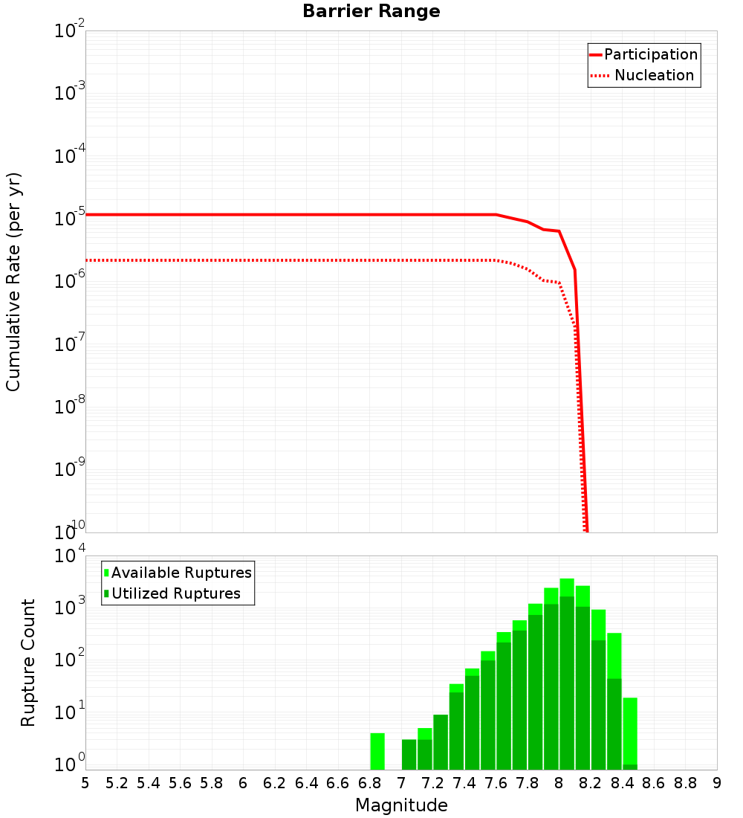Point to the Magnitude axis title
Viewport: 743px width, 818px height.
pos(401,805)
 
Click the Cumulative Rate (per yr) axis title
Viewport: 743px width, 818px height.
pos(13,282)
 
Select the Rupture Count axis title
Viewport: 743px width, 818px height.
pos(28,663)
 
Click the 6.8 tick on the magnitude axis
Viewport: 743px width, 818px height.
pos(370,783)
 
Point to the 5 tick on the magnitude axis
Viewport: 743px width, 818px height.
pos(85,783)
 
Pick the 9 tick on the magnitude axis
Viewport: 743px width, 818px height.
pos(717,783)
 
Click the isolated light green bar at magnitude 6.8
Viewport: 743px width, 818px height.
pos(377,751)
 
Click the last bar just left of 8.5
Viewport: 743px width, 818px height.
pos(630,732)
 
